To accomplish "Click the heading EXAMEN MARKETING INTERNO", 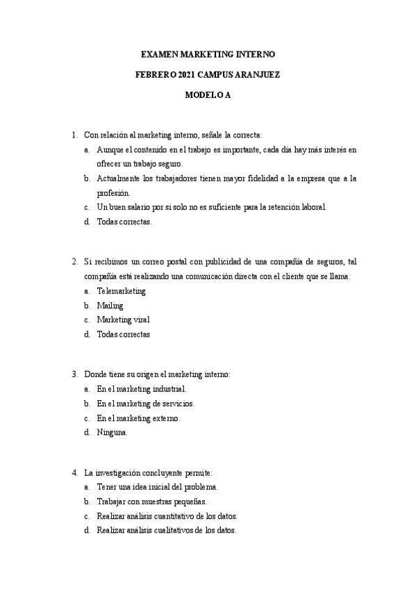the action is tap(208, 53).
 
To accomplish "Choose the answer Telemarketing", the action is tap(122, 290).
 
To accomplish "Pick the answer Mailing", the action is tap(110, 305).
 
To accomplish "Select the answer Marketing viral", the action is tap(123, 320).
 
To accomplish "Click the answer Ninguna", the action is tap(113, 432).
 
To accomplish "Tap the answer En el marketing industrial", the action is tap(142, 389).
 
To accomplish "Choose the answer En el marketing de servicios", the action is tap(146, 404).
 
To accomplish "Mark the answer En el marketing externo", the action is tap(139, 417).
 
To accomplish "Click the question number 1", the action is tap(74, 134).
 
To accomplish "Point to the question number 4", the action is tap(74, 472).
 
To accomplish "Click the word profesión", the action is tap(113, 193).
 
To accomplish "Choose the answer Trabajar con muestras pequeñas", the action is tap(152, 501).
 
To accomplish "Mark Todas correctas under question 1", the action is tap(124, 222).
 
